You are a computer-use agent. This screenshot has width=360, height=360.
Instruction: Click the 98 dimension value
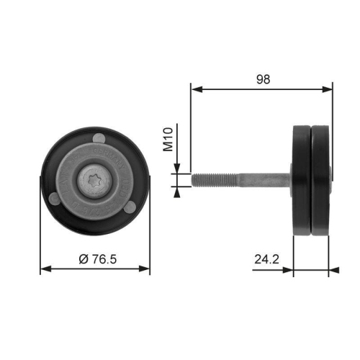pos(263,81)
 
